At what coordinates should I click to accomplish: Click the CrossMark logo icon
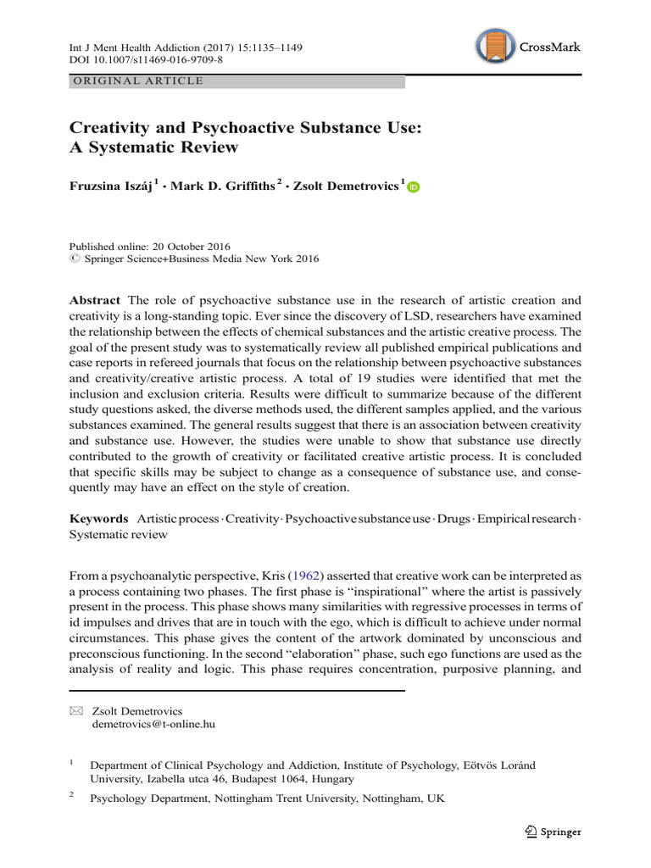click(495, 47)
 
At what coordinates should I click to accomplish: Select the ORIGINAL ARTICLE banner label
click(138, 81)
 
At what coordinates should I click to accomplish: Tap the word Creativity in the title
click(109, 127)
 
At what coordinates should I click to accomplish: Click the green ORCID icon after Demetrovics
click(414, 188)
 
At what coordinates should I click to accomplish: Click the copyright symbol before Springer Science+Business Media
click(72, 259)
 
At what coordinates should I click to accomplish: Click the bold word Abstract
click(95, 301)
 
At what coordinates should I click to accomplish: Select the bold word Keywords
click(97, 518)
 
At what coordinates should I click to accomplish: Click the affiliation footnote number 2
click(71, 796)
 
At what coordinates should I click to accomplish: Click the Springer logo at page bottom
click(552, 832)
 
